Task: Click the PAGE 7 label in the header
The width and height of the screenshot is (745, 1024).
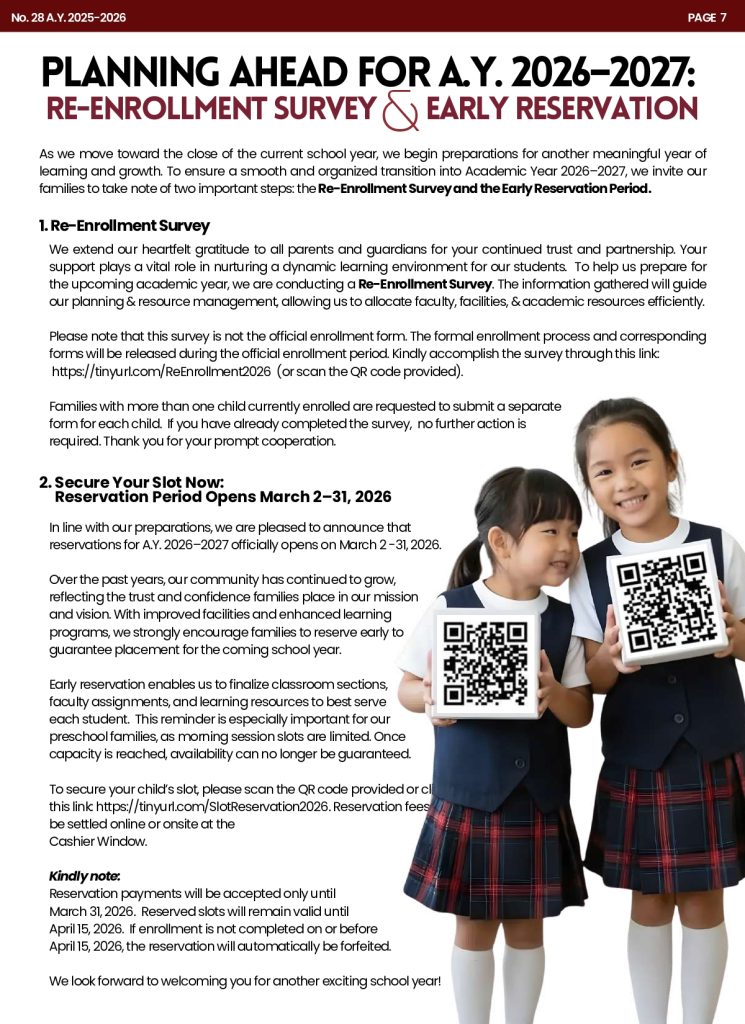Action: [707, 17]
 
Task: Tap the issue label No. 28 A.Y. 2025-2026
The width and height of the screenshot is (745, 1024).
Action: [69, 17]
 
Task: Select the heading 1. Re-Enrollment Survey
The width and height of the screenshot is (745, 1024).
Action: [124, 226]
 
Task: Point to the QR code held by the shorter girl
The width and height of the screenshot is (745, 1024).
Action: [485, 663]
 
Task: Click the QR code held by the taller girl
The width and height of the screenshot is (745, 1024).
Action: [667, 602]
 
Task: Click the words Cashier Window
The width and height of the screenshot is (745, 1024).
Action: [98, 841]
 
